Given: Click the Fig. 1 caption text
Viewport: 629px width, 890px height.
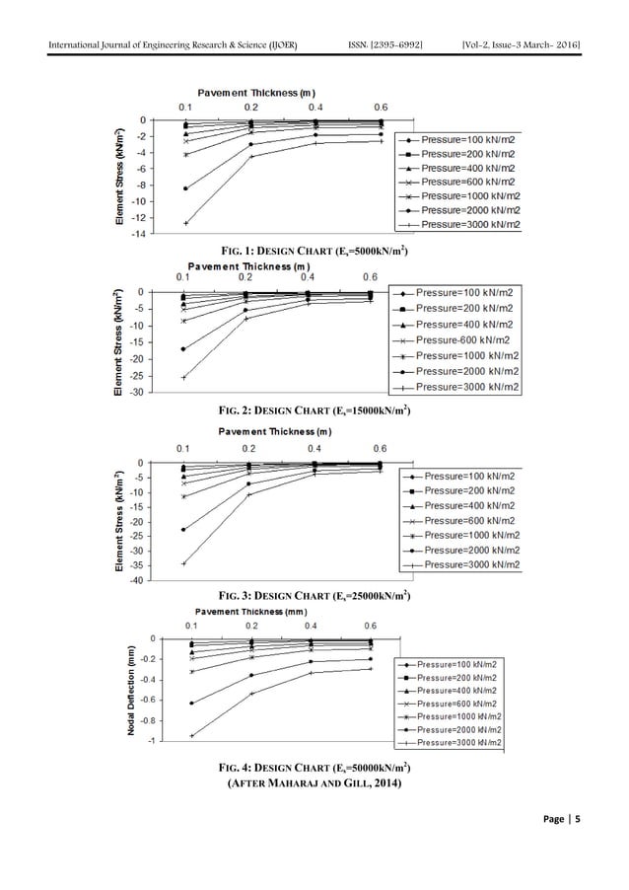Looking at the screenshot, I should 314,250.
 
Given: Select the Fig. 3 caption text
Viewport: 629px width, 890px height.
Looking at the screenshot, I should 314,597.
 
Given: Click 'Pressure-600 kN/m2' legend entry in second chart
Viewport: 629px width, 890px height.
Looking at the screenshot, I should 471,339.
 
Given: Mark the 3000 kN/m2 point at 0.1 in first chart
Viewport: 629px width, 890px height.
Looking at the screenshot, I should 185,223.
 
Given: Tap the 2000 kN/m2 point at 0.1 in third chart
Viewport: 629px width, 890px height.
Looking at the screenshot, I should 184,530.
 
